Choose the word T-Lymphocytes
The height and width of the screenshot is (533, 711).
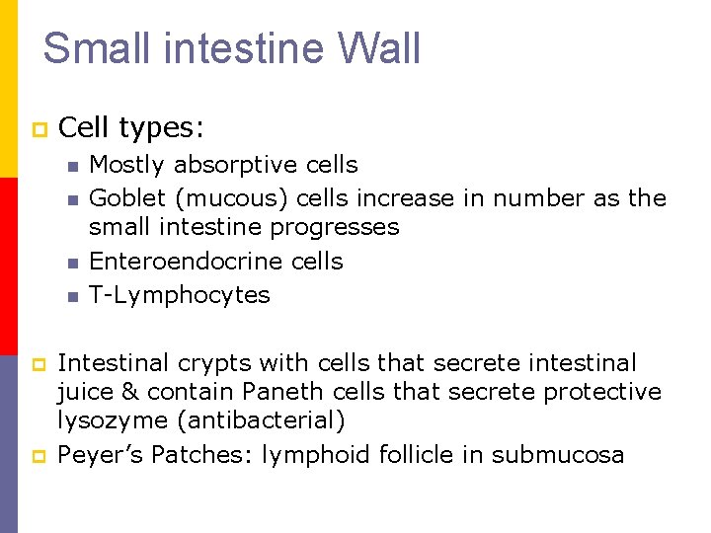pyautogui.click(x=179, y=294)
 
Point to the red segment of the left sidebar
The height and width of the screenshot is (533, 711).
pyautogui.click(x=8, y=266)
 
